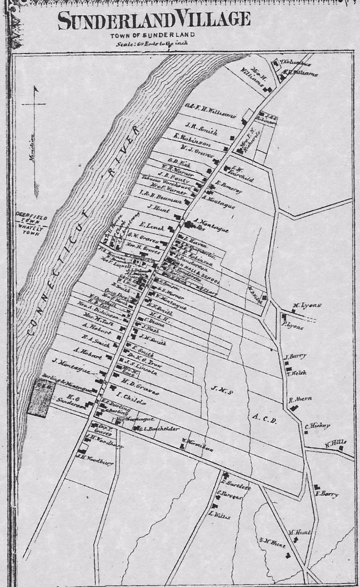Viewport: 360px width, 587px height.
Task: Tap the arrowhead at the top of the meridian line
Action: [x=35, y=89]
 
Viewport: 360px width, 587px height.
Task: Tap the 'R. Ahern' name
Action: [x=300, y=399]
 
